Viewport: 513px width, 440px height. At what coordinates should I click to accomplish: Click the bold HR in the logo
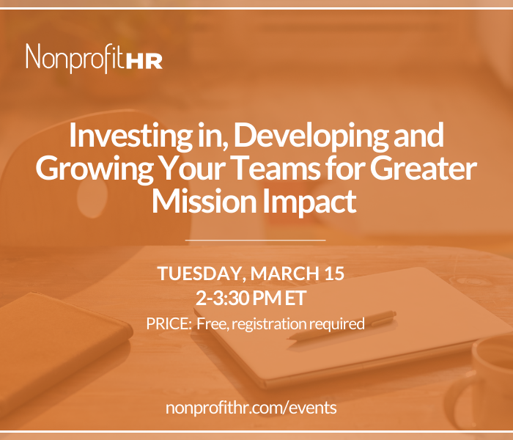coord(144,61)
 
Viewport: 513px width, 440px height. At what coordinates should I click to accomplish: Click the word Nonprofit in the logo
coord(75,58)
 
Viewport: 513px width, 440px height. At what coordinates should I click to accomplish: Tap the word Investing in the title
coord(130,136)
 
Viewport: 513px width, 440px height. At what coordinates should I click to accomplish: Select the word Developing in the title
coord(311,136)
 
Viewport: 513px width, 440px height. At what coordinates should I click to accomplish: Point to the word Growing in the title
coord(95,169)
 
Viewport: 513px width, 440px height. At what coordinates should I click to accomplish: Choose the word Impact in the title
coord(309,202)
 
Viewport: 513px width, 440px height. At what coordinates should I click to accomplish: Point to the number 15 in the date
coord(334,273)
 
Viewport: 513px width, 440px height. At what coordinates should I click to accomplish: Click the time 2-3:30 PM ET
coord(251,298)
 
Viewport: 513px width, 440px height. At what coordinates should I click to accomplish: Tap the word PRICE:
coord(169,323)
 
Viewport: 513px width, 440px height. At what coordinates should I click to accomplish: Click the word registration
coord(269,324)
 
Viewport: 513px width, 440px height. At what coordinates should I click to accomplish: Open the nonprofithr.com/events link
coord(251,408)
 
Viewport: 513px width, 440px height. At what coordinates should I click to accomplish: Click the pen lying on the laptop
coord(342,325)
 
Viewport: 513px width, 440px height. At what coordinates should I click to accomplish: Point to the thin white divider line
coord(255,240)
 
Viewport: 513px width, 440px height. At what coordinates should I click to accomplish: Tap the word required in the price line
coord(337,324)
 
